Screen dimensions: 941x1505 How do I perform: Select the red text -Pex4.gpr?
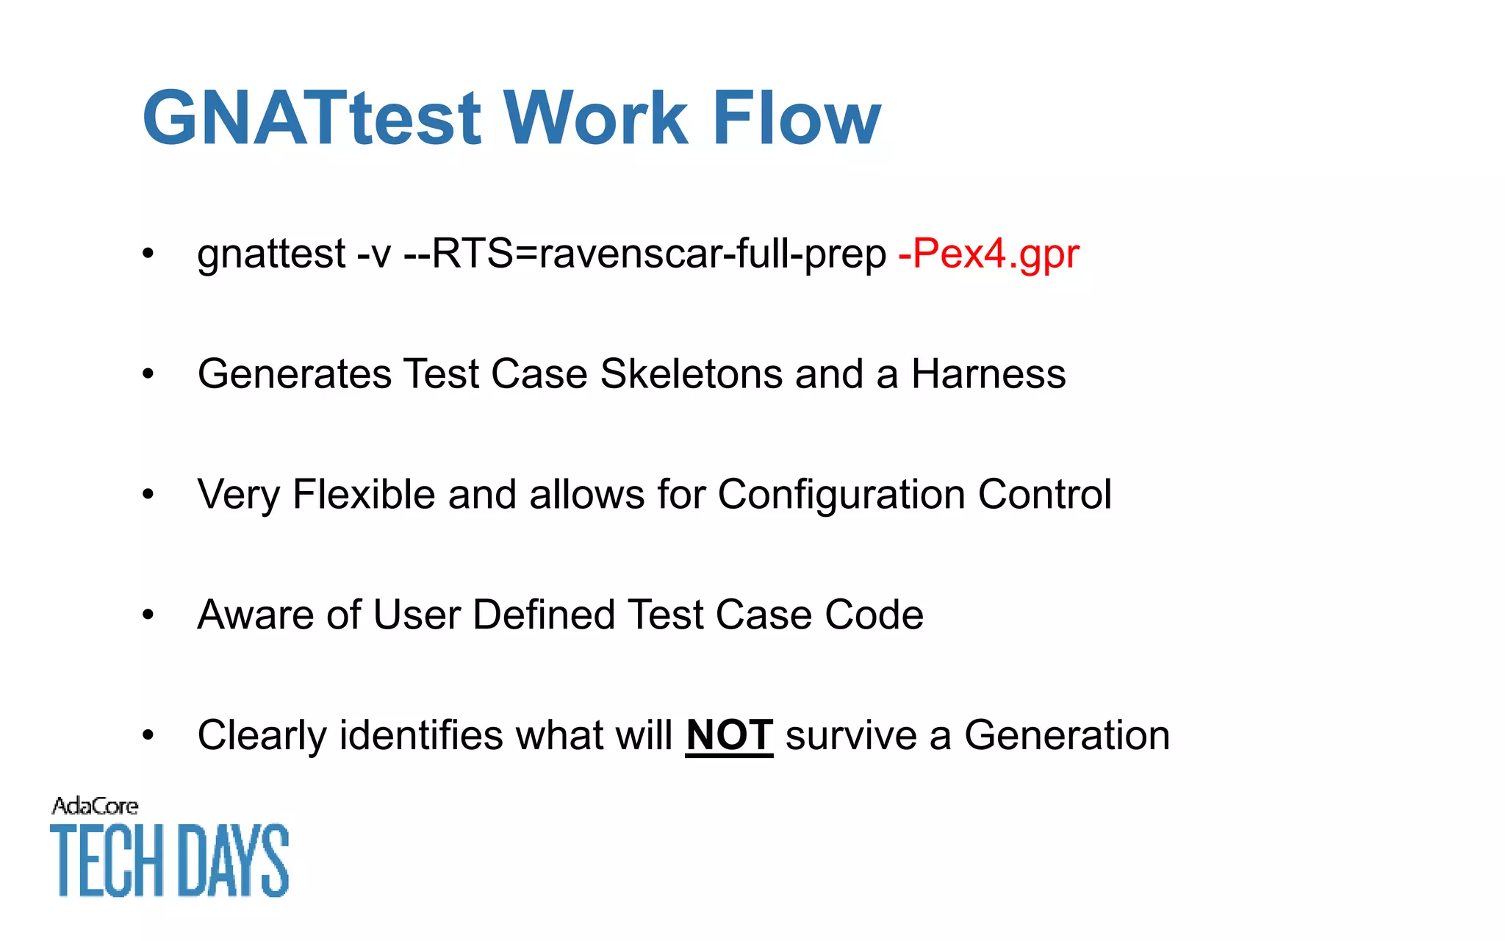[988, 254]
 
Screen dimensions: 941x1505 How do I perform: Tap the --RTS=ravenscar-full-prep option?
[645, 254]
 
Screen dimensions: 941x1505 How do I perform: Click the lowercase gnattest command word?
[271, 254]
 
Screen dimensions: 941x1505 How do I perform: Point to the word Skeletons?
[691, 374]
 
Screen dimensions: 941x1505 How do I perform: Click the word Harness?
[988, 374]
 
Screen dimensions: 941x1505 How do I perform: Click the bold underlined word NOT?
[729, 735]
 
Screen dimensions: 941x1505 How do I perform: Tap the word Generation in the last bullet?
[1067, 735]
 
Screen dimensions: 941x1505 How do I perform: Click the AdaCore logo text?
[95, 806]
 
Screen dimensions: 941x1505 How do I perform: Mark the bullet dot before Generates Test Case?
[148, 374]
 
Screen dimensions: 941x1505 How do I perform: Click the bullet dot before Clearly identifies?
[148, 735]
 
